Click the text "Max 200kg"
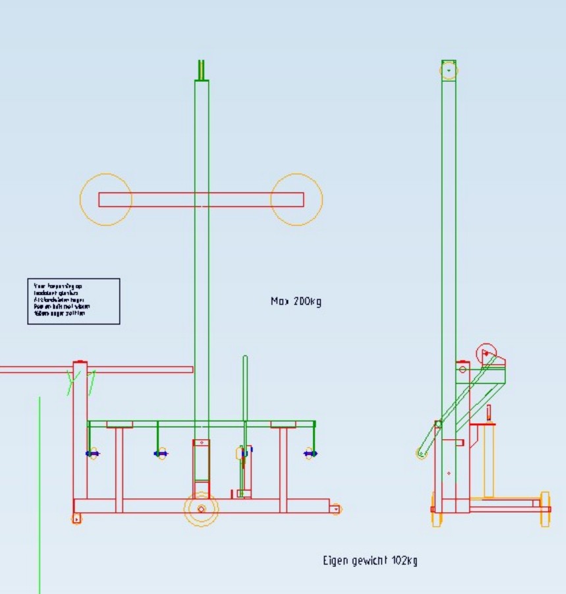click(x=296, y=302)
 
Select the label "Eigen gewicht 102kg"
click(x=370, y=561)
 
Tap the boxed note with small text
click(x=73, y=301)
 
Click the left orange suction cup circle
click(x=106, y=200)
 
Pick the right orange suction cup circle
click(x=297, y=200)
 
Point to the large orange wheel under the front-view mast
click(x=201, y=509)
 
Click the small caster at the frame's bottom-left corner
click(x=76, y=519)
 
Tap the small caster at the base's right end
click(x=336, y=509)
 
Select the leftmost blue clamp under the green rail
click(x=93, y=454)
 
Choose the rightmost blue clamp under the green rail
click(x=310, y=453)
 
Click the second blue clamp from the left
click(x=160, y=454)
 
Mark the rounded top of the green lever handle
click(x=245, y=360)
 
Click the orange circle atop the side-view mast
click(x=449, y=69)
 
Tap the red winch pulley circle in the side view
click(x=486, y=353)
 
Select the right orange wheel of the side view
click(x=545, y=508)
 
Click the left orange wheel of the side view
click(x=434, y=510)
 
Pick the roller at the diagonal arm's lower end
click(x=422, y=453)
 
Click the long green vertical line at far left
click(x=40, y=494)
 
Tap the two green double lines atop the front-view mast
click(x=201, y=69)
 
